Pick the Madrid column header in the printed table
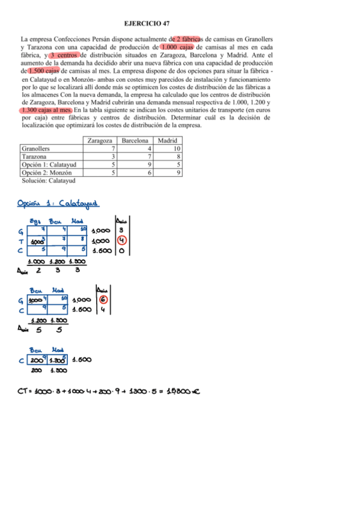coord(168,140)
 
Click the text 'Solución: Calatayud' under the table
coord(48,180)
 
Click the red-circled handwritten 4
coord(121,239)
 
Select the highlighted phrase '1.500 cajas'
coord(43,70)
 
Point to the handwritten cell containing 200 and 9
coord(38,361)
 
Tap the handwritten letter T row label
coord(22,239)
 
